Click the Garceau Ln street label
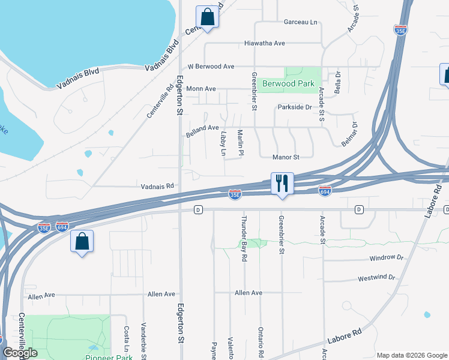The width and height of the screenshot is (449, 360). (x=300, y=22)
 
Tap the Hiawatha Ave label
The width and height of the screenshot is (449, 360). (x=264, y=43)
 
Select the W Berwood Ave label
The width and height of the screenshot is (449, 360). (x=211, y=66)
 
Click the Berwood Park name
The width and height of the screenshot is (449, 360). (x=288, y=83)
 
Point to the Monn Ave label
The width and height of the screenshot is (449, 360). (x=201, y=88)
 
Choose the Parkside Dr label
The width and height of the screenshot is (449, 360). (x=295, y=107)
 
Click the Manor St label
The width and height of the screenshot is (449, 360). (x=286, y=157)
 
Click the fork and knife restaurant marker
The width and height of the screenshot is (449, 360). (x=282, y=182)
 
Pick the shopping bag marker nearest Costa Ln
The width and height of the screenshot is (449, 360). (x=82, y=242)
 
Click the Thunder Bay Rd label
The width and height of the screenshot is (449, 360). (x=244, y=238)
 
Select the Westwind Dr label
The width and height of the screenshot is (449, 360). (x=376, y=278)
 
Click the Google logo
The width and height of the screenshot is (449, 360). (x=20, y=353)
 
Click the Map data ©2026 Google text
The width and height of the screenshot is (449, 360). (x=411, y=355)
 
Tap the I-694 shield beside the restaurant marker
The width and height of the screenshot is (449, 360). (x=325, y=191)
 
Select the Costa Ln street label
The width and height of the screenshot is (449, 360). (x=127, y=339)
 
